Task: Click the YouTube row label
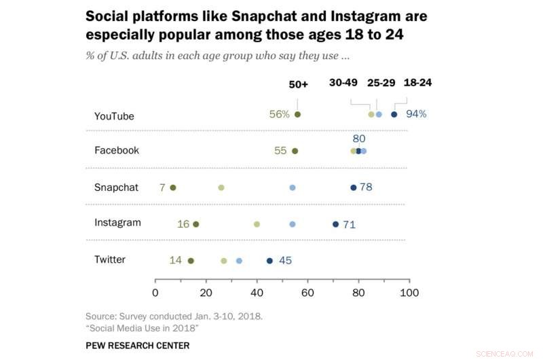(114, 116)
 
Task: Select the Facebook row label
(116, 150)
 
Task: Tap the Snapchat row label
(116, 187)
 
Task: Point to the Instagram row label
(117, 223)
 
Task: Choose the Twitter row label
(109, 259)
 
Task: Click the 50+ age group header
(298, 84)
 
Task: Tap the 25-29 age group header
(381, 83)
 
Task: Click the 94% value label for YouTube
(416, 114)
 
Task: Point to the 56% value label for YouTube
(280, 114)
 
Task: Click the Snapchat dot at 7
(173, 187)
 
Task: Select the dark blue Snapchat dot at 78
(353, 187)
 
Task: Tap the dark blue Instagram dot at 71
(335, 224)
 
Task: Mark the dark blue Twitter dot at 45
(269, 261)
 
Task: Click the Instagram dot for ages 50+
(196, 224)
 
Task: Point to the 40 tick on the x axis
(257, 293)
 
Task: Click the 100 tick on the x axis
(409, 293)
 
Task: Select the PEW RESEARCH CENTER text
(138, 346)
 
